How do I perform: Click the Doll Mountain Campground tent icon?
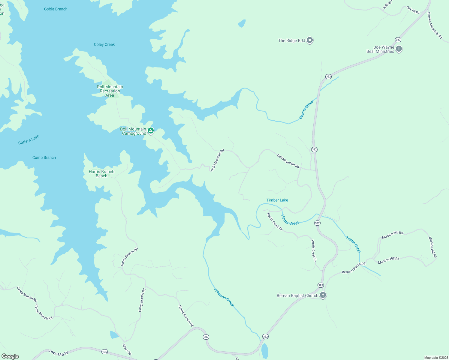(151, 130)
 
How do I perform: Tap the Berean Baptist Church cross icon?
(323, 295)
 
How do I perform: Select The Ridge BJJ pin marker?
(310, 40)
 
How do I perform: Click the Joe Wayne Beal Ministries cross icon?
(399, 49)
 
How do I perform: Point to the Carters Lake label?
(29, 140)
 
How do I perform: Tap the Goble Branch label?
(56, 9)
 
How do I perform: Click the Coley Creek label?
(104, 44)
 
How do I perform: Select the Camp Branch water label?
(44, 157)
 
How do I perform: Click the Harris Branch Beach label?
(101, 174)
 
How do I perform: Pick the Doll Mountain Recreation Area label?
(110, 91)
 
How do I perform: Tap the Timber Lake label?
(277, 200)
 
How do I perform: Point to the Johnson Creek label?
(224, 297)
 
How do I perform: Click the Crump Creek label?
(306, 109)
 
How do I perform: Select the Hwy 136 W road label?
(59, 353)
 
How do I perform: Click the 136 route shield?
(104, 352)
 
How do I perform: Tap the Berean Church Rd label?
(354, 268)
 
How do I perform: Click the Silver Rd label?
(127, 349)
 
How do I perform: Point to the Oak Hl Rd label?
(413, 10)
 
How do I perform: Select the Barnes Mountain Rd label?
(435, 25)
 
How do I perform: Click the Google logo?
(10, 356)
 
